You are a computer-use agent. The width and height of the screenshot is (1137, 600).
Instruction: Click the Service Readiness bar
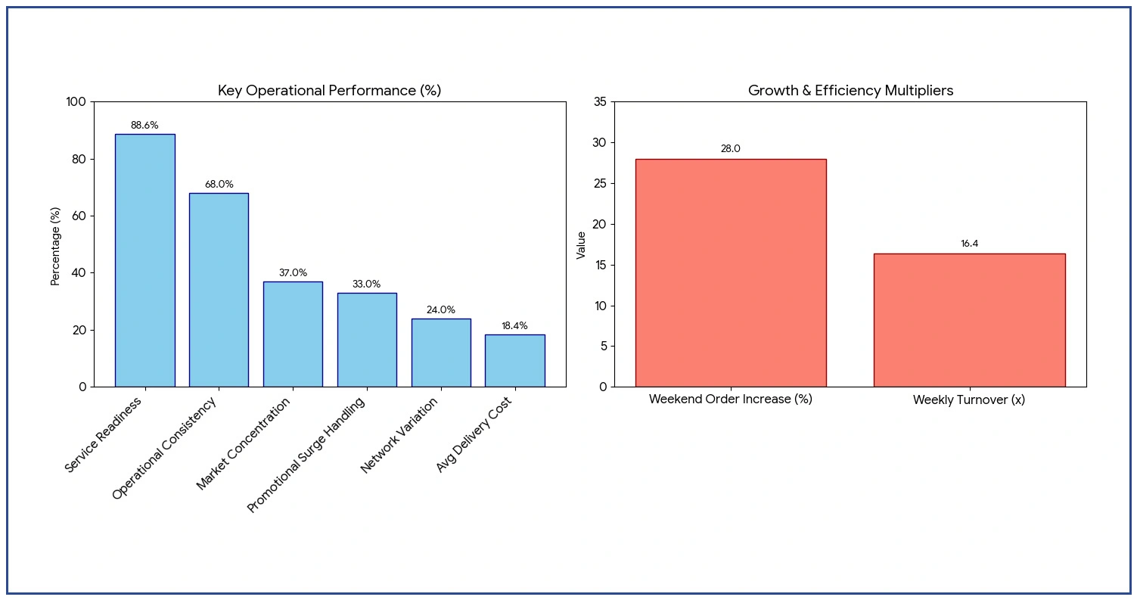coord(144,260)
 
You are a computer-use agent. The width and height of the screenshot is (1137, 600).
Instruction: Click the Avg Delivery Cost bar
coord(514,360)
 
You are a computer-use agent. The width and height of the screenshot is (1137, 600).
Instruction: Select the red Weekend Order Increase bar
coord(730,272)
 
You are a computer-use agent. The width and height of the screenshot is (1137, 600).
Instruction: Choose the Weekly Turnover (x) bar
coord(968,320)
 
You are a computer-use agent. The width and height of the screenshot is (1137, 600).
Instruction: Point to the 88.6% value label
coord(144,126)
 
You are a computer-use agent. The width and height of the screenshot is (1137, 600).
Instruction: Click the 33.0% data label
coord(366,284)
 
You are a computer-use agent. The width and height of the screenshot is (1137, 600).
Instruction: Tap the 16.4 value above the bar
coord(969,244)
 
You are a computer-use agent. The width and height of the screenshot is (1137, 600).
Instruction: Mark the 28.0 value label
coord(730,149)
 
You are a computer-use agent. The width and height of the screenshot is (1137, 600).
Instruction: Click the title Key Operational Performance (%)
coord(329,91)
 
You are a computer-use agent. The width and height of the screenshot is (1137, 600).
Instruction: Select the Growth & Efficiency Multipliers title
coord(850,91)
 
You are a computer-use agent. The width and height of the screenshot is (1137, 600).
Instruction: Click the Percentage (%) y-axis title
coord(55,246)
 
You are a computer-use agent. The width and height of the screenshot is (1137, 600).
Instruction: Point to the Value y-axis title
coord(581,245)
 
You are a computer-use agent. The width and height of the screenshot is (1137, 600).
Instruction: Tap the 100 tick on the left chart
coord(77,102)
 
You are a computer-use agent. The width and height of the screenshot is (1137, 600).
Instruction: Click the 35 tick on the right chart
coord(599,102)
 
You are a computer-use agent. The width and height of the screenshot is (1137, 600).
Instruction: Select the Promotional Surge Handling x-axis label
coord(306,454)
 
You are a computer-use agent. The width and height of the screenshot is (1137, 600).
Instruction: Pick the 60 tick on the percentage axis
coord(79,216)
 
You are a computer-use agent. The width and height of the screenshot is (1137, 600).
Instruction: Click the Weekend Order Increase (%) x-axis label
coord(730,399)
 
